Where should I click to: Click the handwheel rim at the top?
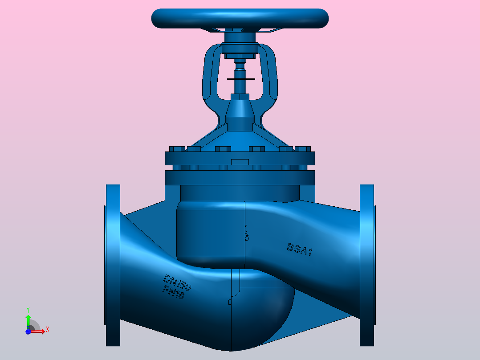pos(240,18)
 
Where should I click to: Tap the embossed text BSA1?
pos(300,250)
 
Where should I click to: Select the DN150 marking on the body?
pos(177,283)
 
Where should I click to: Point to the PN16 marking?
pos(174,293)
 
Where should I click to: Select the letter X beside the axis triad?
pos(47,329)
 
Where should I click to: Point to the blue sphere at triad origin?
pos(28,331)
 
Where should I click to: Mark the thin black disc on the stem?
pos(240,79)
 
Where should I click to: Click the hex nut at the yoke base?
pos(240,97)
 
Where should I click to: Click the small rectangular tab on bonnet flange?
pos(240,162)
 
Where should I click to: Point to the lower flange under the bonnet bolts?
pos(240,178)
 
